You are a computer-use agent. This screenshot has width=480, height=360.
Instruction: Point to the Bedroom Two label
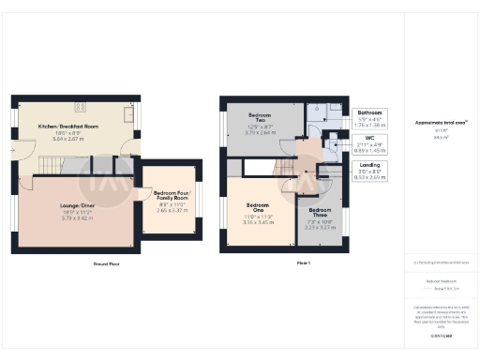click(260, 117)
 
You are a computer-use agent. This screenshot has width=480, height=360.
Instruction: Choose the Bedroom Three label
click(320, 210)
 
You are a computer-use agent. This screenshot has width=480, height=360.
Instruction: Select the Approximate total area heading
click(441, 123)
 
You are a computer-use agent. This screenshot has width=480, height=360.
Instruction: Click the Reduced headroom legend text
click(441, 280)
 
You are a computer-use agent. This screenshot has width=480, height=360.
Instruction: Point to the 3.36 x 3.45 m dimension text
click(258, 222)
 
